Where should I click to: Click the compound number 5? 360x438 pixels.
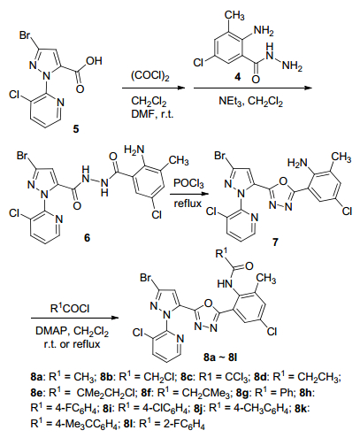point(76,129)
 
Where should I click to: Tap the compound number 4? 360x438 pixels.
point(237,77)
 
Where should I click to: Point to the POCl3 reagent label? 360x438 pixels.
point(188,183)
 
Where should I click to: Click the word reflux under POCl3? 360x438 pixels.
point(188,204)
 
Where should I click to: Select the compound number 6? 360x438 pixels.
point(87,237)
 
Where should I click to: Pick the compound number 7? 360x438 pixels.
point(275,242)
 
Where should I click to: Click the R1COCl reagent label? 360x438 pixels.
point(70,308)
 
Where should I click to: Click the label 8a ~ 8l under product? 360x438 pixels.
point(220,357)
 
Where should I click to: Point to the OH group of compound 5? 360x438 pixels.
point(94,61)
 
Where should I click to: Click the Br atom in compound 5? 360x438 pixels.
point(25,35)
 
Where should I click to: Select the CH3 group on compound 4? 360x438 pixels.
point(234,15)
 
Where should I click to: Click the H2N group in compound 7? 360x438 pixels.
point(297,163)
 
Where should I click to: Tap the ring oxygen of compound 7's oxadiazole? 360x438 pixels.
point(283,181)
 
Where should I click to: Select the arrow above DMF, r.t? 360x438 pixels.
point(154,88)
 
